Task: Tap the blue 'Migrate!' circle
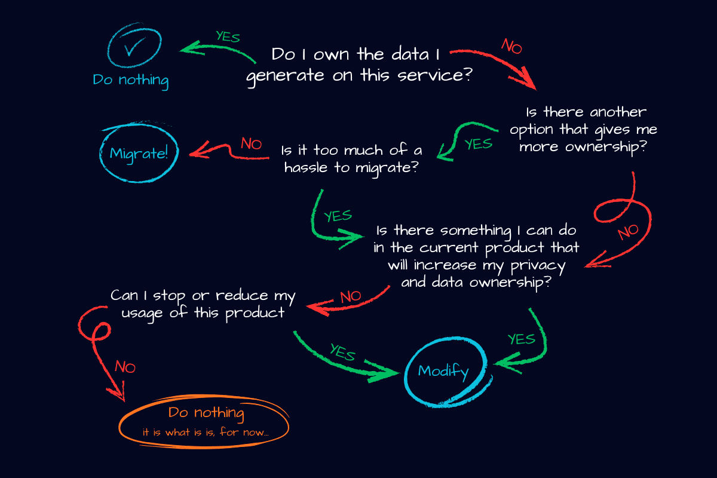(x=139, y=153)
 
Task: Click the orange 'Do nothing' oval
(x=205, y=421)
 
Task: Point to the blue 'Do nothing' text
(x=130, y=80)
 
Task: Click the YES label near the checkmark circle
(x=228, y=36)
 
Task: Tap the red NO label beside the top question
(x=511, y=47)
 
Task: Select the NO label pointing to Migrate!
(x=252, y=143)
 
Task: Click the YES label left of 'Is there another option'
(x=478, y=144)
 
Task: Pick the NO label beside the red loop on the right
(x=627, y=232)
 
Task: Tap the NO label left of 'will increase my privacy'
(x=351, y=296)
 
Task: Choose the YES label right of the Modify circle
(x=521, y=339)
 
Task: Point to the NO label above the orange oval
(x=125, y=367)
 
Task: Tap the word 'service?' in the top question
(x=445, y=76)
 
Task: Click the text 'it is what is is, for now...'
(x=205, y=432)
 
